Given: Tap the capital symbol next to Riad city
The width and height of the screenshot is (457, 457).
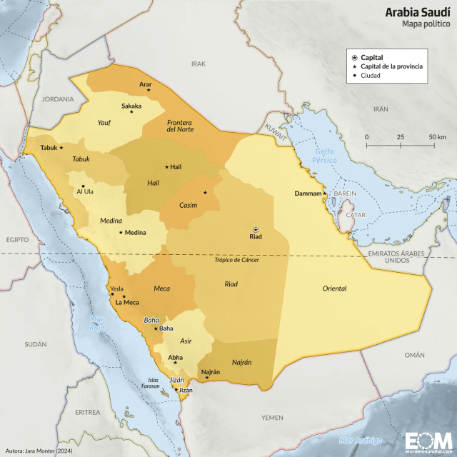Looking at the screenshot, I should pyautogui.click(x=256, y=229).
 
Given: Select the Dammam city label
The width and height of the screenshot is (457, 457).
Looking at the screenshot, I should pyautogui.click(x=308, y=194).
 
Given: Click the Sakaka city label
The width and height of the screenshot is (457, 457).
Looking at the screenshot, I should pyautogui.click(x=131, y=106).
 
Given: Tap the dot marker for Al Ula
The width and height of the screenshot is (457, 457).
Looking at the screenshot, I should pyautogui.click(x=84, y=186).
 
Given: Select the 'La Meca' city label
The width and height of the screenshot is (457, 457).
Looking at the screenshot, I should pyautogui.click(x=127, y=303).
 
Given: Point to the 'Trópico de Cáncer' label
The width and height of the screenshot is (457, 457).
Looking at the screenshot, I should pyautogui.click(x=236, y=260).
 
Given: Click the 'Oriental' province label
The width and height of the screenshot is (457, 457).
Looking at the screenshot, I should pyautogui.click(x=334, y=288).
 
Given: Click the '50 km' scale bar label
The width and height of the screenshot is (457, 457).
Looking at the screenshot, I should pyautogui.click(x=437, y=136).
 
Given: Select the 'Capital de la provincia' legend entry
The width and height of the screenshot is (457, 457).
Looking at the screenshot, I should pyautogui.click(x=391, y=66).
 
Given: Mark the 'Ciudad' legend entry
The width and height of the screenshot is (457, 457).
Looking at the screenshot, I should pyautogui.click(x=370, y=75).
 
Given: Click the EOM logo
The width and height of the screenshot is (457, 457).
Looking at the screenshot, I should pyautogui.click(x=427, y=440).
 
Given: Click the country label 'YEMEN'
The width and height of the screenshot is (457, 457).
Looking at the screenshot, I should pyautogui.click(x=272, y=417).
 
